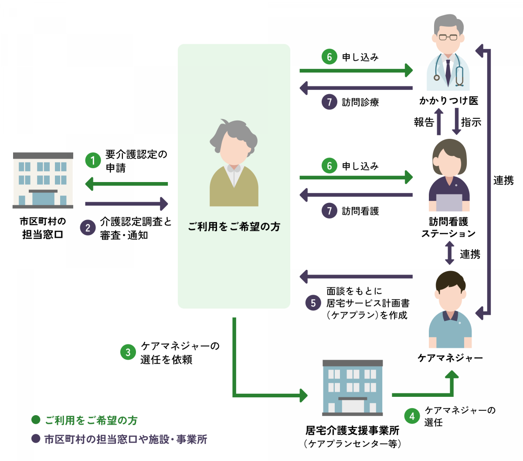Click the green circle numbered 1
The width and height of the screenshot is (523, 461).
tap(93, 160)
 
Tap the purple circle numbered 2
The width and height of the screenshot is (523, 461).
tap(88, 227)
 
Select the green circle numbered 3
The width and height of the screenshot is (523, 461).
tap(128, 352)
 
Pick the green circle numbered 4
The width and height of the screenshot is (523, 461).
tap(412, 416)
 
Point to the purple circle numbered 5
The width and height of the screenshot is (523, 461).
tap(313, 303)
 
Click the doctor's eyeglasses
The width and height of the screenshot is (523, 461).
tap(448, 37)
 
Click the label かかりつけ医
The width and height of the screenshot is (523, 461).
tap(448, 101)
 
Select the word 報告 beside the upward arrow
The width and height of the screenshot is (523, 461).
tap(424, 122)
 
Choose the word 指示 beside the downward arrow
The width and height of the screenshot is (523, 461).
tap(471, 122)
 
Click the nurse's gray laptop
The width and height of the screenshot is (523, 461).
tap(449, 202)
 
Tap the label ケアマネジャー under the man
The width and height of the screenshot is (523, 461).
tap(450, 358)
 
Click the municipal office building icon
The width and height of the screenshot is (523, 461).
tap(43, 180)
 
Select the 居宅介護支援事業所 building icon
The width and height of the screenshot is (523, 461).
tap(352, 388)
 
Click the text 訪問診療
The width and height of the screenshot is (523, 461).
tap(360, 102)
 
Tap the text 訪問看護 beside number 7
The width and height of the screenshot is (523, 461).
tap(360, 211)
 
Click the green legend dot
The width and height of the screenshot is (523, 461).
tap(36, 420)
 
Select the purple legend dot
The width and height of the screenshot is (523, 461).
tap(36, 439)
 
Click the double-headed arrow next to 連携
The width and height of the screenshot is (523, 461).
tap(449, 253)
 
